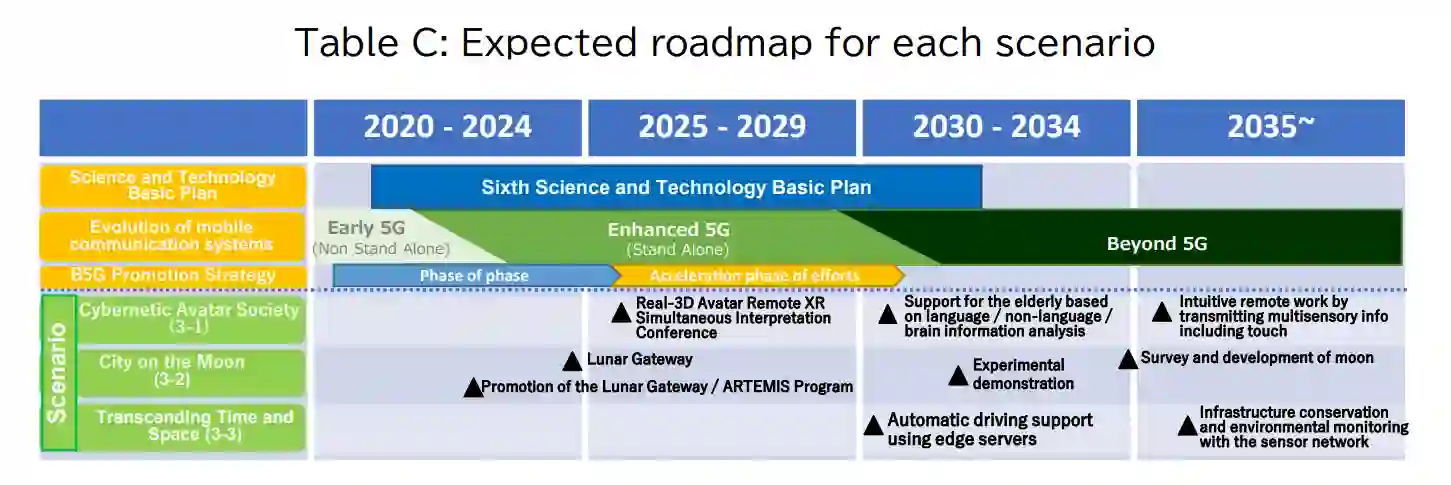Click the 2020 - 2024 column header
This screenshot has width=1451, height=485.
[x=448, y=128]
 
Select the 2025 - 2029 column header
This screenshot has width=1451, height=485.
[x=722, y=128]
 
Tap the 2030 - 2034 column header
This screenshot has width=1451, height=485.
[x=996, y=128]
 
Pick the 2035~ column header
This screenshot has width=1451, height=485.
[x=1271, y=128]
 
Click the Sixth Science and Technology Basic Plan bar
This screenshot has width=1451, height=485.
[x=676, y=187]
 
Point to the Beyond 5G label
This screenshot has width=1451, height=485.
[x=1157, y=243]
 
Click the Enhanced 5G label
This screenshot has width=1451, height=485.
[x=668, y=229]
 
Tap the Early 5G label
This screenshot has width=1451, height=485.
[x=366, y=228]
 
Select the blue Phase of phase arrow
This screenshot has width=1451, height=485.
[x=476, y=276]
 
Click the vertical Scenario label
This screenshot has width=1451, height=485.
[x=58, y=373]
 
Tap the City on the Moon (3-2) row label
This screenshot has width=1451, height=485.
[x=172, y=371]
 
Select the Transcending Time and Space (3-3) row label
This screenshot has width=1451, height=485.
[x=194, y=426]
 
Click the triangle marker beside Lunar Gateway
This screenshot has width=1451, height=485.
[x=572, y=362]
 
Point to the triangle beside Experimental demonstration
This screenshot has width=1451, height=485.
[x=958, y=376]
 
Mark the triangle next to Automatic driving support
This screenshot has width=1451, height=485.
[x=874, y=426]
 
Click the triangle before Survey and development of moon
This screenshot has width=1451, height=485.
[x=1128, y=360]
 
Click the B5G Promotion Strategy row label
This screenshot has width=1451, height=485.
[x=173, y=275]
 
